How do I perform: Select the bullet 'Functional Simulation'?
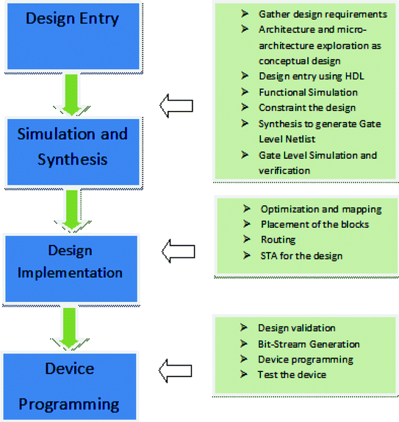click(x=308, y=93)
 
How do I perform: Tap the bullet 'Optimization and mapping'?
click(x=321, y=210)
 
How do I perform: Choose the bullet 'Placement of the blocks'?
click(x=314, y=224)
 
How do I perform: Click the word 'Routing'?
click(x=278, y=240)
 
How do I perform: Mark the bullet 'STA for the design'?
click(x=301, y=255)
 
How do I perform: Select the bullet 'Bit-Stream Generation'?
click(x=309, y=344)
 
